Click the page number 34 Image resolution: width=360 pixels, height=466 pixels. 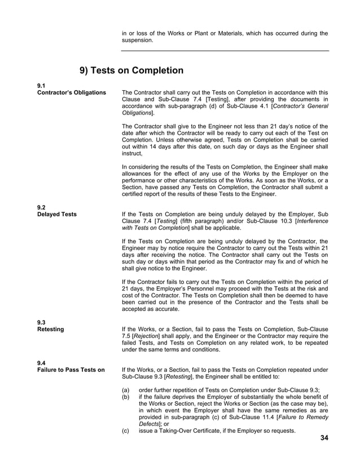pos(323,438)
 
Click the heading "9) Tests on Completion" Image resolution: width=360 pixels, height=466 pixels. pos(131,71)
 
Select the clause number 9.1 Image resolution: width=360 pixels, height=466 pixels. pos(41,85)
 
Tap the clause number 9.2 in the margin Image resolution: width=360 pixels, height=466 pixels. pos(41,206)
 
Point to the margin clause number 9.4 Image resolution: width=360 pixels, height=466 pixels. pos(41,362)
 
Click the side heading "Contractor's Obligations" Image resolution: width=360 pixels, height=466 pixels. pos(71,92)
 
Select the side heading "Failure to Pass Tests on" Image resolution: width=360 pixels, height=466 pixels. pos(71,370)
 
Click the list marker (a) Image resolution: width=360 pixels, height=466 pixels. pos(126,389)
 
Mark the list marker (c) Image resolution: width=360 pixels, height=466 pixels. pos(126,431)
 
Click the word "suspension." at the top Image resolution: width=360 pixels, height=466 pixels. pos(137,41)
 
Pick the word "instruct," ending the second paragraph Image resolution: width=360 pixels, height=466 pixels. pos(133,153)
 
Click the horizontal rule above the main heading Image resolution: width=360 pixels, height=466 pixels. pos(225,51)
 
